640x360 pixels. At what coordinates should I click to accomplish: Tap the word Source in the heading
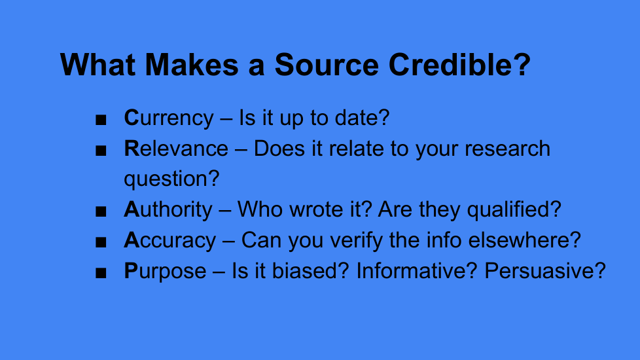coord(327,65)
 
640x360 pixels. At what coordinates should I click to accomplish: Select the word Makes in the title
coord(192,65)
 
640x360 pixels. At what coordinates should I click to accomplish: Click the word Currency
coord(169,118)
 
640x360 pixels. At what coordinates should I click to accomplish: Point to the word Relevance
coord(176,148)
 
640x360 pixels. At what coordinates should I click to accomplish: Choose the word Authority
coord(168,210)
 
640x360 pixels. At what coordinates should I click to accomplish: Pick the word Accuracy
coord(169,240)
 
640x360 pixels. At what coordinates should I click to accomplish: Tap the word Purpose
coord(165,271)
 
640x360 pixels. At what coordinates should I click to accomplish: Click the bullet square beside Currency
coord(101,120)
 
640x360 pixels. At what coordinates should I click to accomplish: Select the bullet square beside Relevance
coord(101,151)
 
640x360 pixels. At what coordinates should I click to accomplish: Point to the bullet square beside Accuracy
coord(101,242)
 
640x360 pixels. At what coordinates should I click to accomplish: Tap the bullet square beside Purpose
coord(101,273)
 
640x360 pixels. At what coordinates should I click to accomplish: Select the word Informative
coord(412,270)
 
